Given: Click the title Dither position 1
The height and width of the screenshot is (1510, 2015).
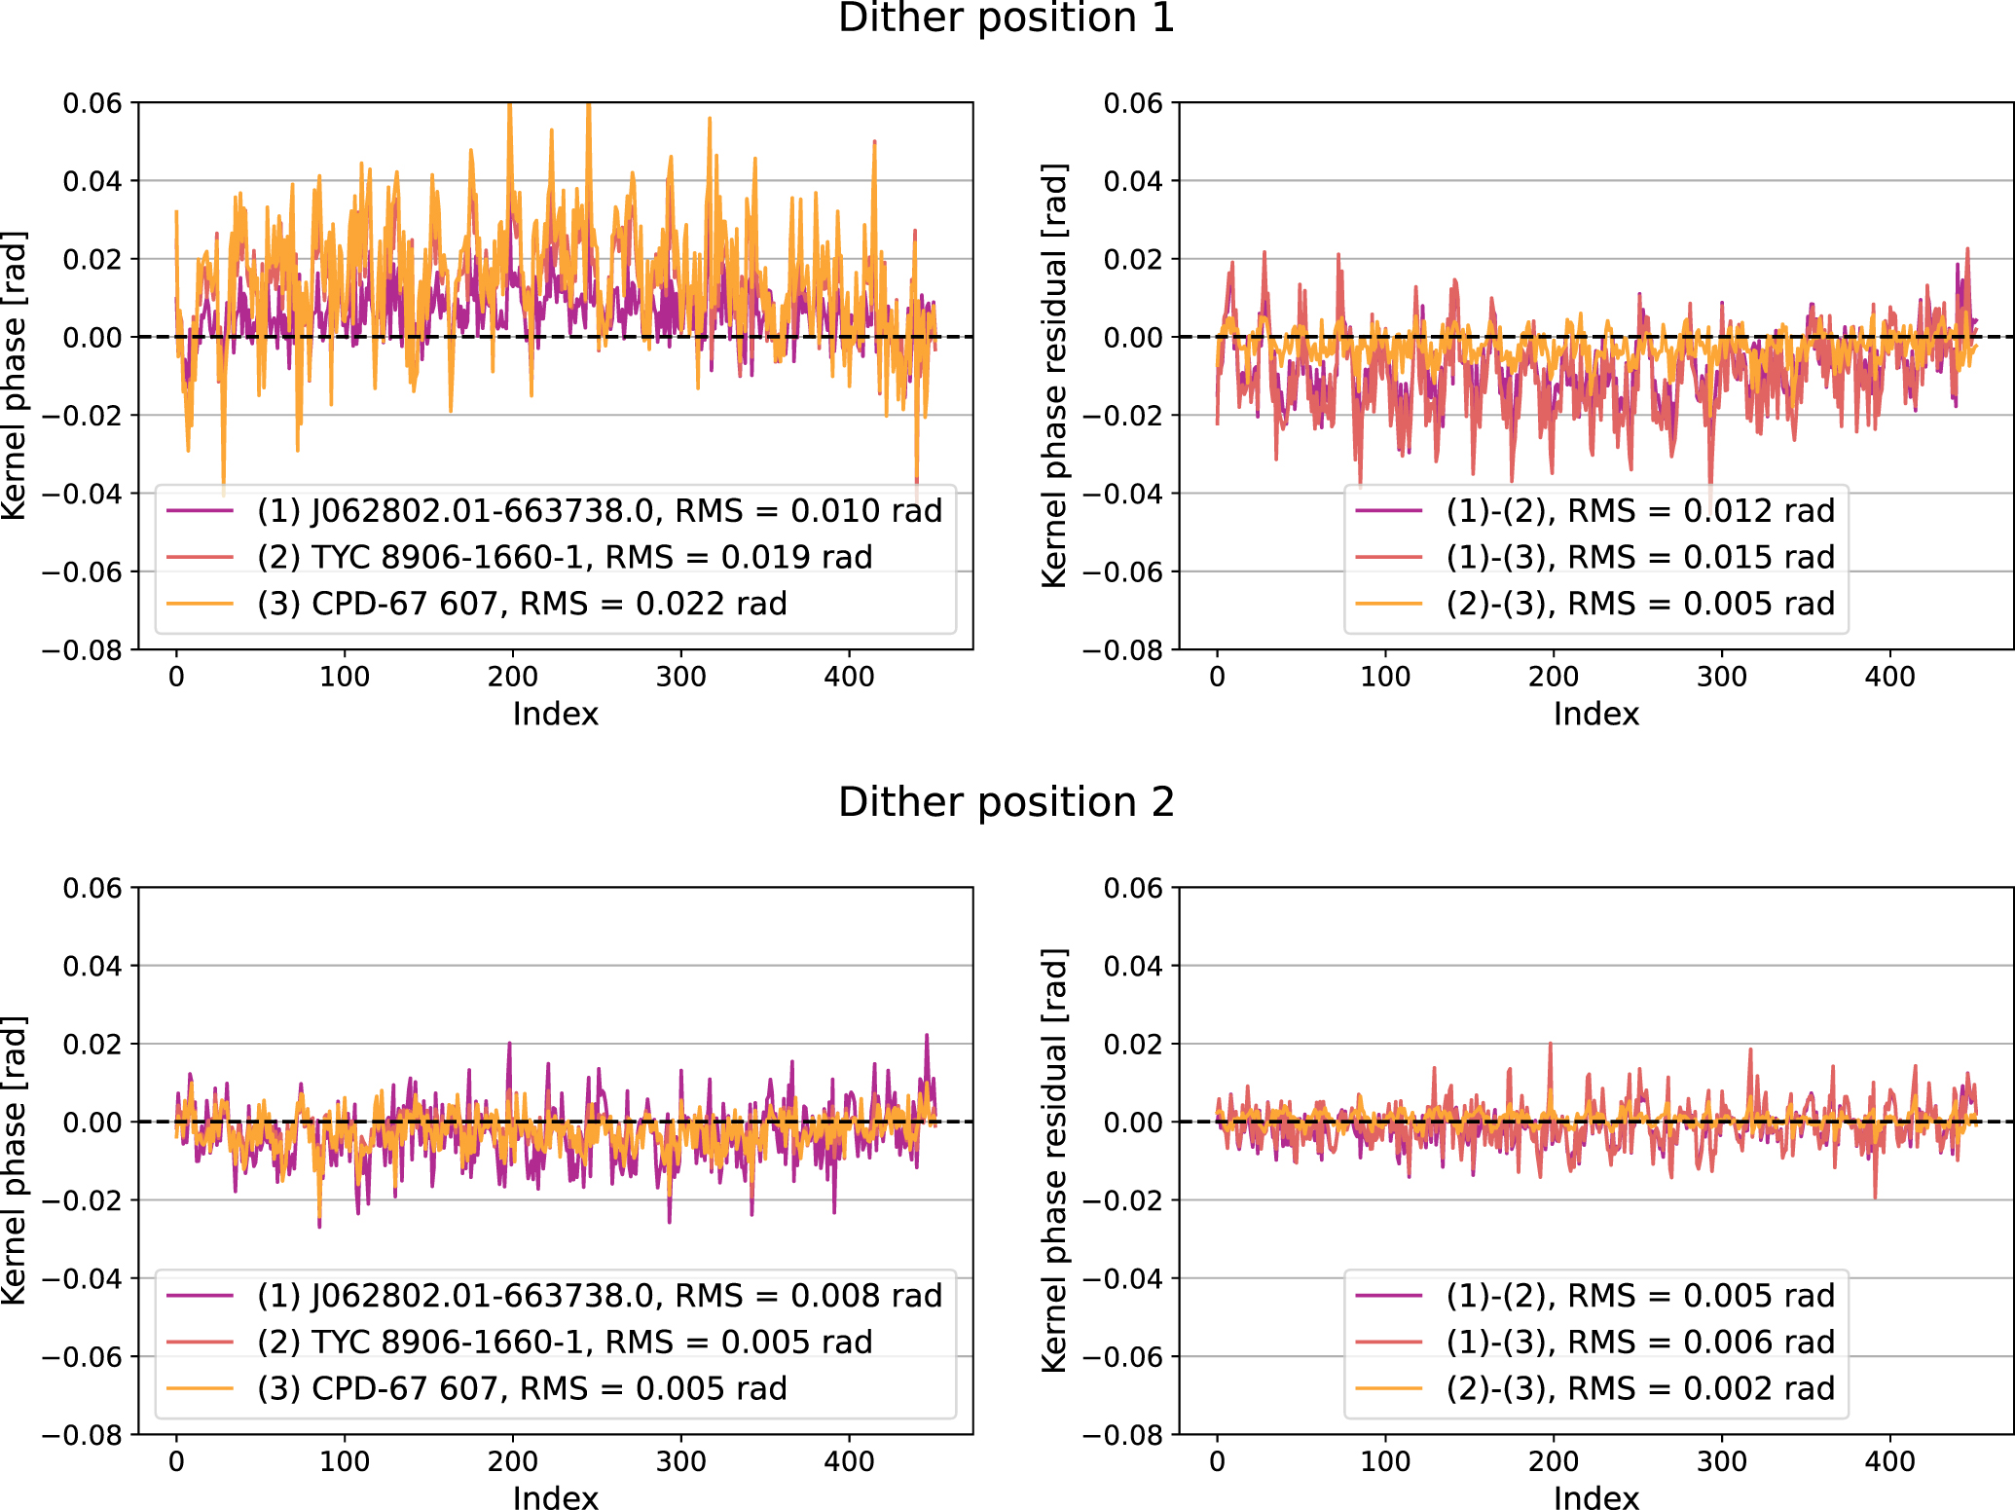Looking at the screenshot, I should (1007, 18).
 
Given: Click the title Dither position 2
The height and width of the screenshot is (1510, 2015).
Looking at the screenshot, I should (1007, 803).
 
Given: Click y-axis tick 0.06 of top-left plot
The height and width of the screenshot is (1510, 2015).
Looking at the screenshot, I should (92, 103).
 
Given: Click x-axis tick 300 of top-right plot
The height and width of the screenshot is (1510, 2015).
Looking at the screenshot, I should (1721, 677).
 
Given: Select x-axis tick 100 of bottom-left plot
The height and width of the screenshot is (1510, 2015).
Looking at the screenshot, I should (345, 1461).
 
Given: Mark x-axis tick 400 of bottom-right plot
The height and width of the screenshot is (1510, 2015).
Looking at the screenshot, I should (1889, 1461).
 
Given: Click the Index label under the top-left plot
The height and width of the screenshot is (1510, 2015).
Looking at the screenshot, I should (555, 715).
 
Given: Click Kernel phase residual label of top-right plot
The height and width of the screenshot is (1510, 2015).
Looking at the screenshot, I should (1054, 376).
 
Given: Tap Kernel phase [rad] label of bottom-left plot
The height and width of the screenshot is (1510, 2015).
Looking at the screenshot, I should (14, 1160).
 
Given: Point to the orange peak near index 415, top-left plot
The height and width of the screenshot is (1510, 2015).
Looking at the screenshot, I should (874, 143).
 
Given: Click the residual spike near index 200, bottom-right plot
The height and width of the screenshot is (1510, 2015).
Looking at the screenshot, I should (1550, 1046).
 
